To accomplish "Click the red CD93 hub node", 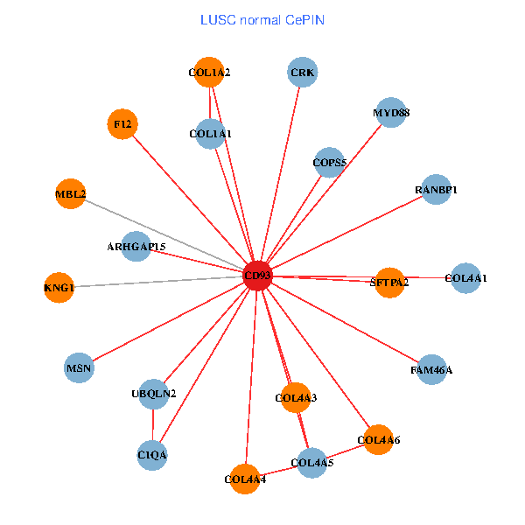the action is tap(257, 276).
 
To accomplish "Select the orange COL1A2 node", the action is tap(210, 73).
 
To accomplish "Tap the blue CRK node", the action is tap(303, 72).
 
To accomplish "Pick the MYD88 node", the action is tap(390, 113).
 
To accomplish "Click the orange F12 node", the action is tap(122, 124).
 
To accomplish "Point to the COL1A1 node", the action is tap(210, 134).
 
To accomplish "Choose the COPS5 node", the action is tap(330, 162).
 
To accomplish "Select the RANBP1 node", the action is tap(436, 190).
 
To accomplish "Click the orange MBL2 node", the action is tap(71, 193).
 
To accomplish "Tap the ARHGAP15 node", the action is tap(136, 247).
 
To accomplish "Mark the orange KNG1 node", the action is tap(59, 287).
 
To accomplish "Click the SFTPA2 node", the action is tap(389, 282).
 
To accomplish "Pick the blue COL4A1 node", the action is tap(465, 278).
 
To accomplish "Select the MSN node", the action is tap(80, 367).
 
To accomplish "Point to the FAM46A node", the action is tap(431, 370).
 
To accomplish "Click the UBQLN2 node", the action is tap(154, 394).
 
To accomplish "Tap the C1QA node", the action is tap(152, 455).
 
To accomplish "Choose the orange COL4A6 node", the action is tap(379, 439).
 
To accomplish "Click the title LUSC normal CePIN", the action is tap(262, 19).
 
